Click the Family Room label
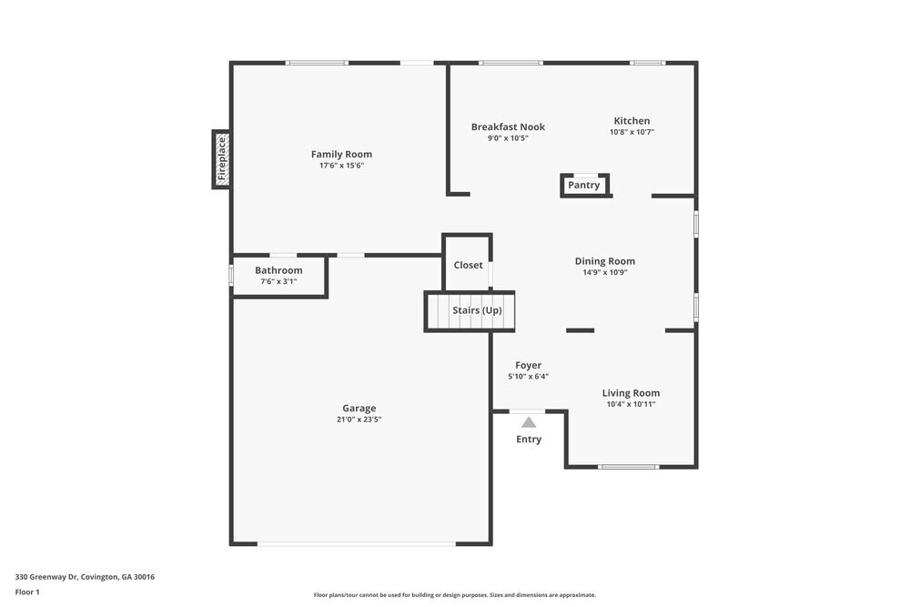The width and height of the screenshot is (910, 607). click(x=341, y=154)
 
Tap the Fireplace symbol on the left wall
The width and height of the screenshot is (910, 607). click(x=220, y=159)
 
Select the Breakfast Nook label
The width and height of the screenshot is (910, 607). click(x=508, y=126)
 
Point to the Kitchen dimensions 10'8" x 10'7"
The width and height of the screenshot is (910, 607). click(x=632, y=133)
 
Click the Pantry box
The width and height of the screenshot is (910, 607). click(x=584, y=186)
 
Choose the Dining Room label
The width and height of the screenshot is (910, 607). click(x=604, y=261)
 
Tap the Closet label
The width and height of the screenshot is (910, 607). click(x=468, y=265)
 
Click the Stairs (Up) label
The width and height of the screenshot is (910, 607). click(x=477, y=310)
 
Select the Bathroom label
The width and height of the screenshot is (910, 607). click(x=278, y=270)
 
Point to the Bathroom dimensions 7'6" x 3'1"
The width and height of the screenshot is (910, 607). click(x=278, y=282)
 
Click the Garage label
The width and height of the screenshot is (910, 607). click(x=359, y=409)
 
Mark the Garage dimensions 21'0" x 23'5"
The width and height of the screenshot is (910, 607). click(x=359, y=420)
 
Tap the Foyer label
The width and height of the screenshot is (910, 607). click(x=528, y=365)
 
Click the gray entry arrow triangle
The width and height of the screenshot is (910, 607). click(x=528, y=421)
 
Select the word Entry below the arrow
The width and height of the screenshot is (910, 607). click(x=528, y=440)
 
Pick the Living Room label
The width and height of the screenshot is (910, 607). click(x=631, y=393)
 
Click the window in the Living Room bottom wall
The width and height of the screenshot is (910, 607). click(x=628, y=467)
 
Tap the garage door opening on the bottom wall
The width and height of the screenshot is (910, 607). click(x=357, y=544)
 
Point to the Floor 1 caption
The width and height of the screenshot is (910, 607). click(x=27, y=592)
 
